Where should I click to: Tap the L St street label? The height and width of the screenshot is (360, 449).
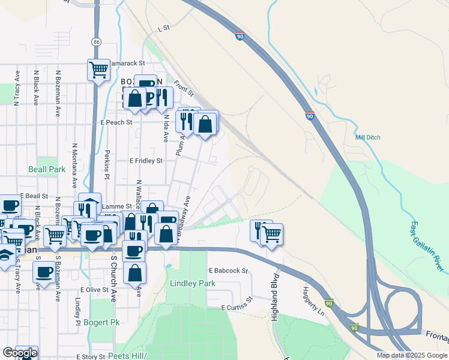point(164,28)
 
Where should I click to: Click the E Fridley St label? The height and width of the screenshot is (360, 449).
point(146,161)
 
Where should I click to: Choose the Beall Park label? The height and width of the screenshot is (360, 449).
point(47,170)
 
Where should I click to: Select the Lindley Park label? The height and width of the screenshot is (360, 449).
point(192,283)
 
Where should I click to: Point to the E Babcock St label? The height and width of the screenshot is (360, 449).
point(228,271)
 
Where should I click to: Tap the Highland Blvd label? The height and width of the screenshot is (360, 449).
point(275,297)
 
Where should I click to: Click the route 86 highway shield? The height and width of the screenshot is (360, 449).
point(97,41)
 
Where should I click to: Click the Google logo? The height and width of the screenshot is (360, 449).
point(20,353)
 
